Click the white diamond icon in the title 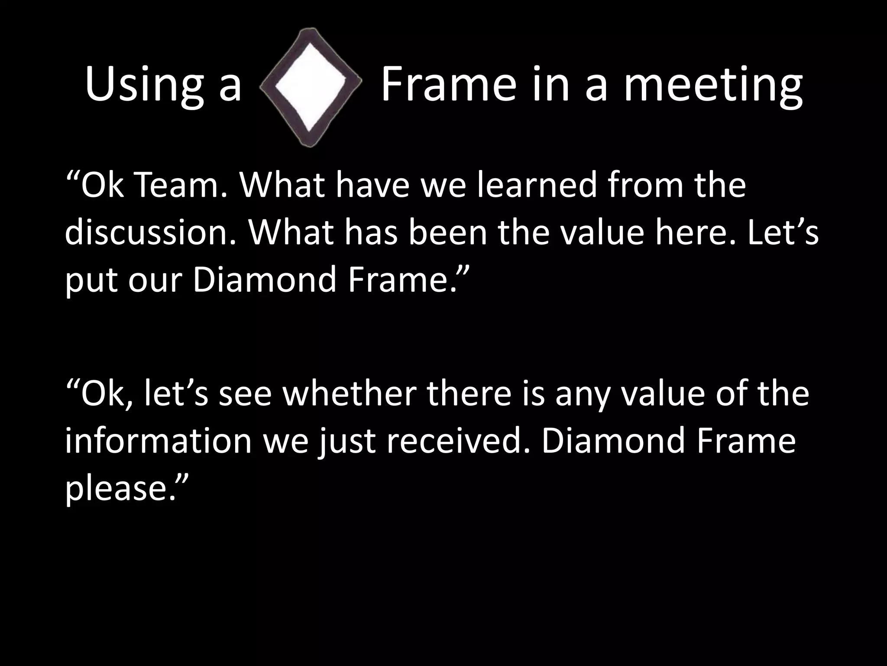click(310, 86)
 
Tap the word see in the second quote click(245, 394)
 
